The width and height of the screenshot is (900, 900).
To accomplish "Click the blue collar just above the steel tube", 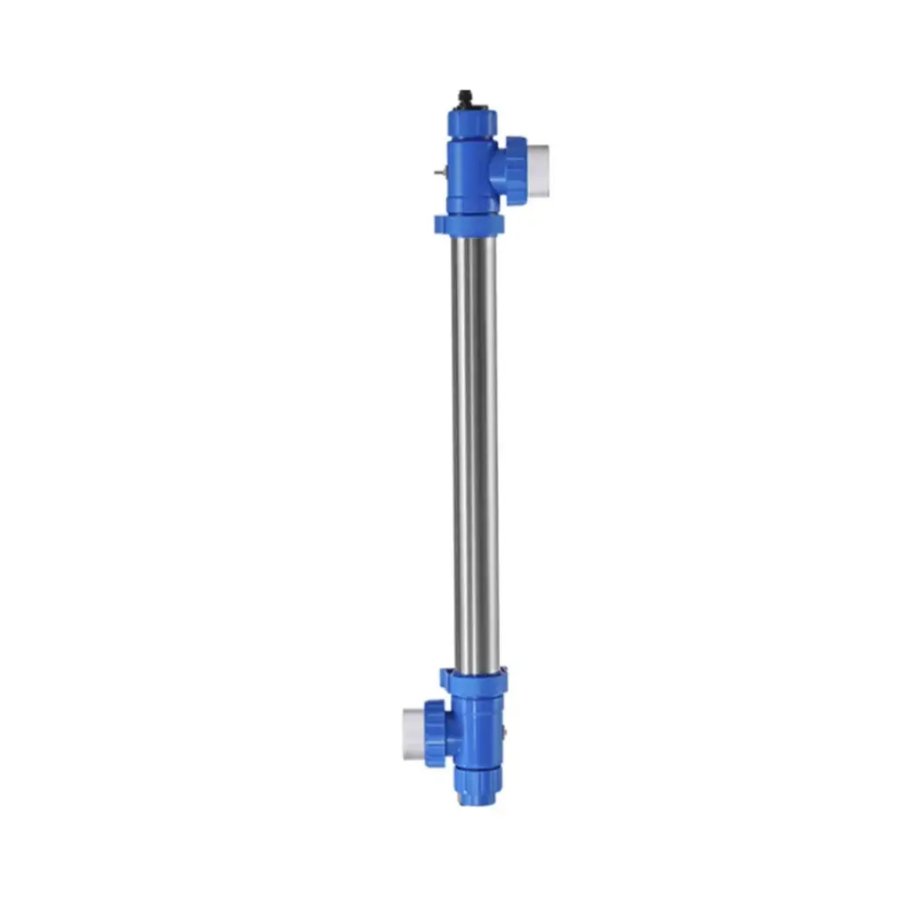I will coord(470,225).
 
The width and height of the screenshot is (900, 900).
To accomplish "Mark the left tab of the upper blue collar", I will coord(439,225).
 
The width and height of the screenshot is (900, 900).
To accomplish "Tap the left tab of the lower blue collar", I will coord(446,679).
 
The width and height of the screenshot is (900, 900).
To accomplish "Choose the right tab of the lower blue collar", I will coord(504,679).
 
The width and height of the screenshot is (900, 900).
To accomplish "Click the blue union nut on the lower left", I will coord(434,734).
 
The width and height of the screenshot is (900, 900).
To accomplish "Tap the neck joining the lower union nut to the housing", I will coord(452,734).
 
